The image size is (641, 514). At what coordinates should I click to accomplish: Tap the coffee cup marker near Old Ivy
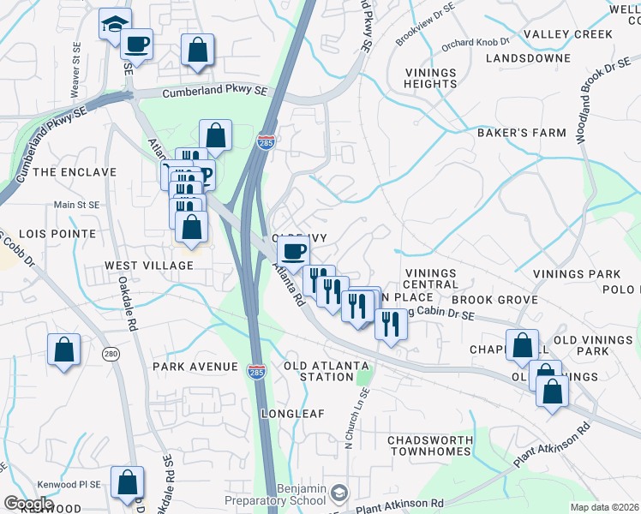[294, 251]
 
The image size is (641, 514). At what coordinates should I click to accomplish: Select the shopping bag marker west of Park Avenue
[64, 349]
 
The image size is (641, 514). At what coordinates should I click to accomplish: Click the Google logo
[27, 504]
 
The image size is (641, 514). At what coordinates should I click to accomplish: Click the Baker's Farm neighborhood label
[522, 133]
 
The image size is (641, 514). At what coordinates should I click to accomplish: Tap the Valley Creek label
[568, 34]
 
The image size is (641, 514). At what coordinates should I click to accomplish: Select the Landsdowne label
[527, 58]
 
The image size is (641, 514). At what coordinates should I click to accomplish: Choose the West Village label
[149, 266]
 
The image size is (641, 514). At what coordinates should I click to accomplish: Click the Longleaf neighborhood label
[293, 413]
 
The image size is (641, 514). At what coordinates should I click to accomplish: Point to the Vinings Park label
[576, 274]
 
